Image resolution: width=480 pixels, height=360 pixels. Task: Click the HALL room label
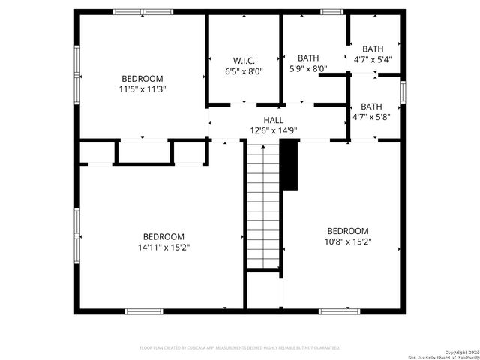[x=273, y=120]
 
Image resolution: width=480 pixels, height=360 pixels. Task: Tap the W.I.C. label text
[x=244, y=61]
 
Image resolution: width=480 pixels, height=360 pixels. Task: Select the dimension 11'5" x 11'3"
[x=142, y=89]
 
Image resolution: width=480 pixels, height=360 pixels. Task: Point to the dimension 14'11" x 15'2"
[x=163, y=247]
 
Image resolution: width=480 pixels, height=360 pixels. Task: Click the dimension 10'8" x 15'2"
[x=347, y=241]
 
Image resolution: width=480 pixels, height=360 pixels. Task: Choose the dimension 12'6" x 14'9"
[x=274, y=130]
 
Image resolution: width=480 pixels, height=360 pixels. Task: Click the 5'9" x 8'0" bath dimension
[x=308, y=68]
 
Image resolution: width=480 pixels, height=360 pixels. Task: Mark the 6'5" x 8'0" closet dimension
[x=244, y=71]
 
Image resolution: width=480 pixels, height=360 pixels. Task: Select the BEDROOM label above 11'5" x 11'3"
[x=142, y=79]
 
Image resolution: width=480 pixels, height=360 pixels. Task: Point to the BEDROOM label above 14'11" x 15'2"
[x=163, y=236]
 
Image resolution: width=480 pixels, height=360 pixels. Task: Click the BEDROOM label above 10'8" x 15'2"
[x=347, y=231]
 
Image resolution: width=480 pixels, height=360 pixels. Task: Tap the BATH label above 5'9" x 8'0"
[x=308, y=58]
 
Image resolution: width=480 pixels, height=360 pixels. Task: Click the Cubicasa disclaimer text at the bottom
[x=240, y=348]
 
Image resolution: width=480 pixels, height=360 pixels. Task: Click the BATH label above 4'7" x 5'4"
[x=373, y=49]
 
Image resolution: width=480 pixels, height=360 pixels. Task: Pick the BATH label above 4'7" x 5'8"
[x=371, y=106]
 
